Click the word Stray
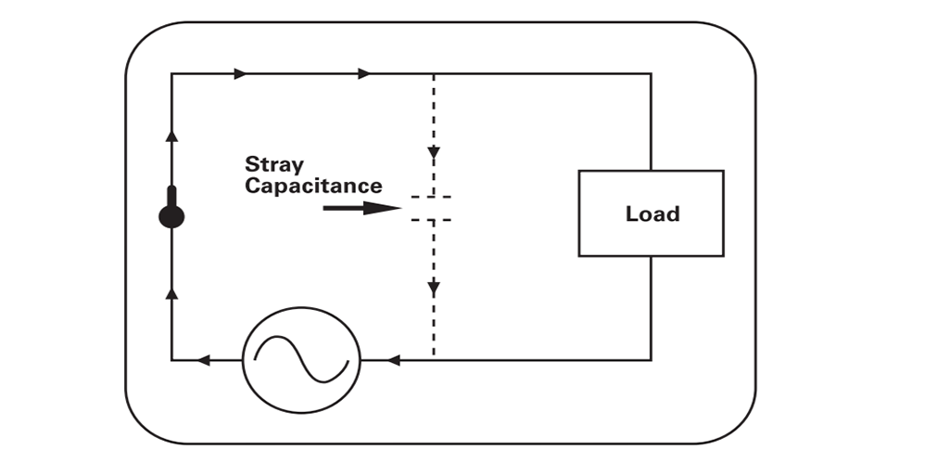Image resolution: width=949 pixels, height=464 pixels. tap(273, 164)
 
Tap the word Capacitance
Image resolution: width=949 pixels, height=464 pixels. tap(313, 186)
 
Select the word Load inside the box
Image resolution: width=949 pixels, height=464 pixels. tap(652, 213)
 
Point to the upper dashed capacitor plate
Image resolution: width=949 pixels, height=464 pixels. tap(433, 198)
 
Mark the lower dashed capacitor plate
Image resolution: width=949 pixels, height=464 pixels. tap(433, 220)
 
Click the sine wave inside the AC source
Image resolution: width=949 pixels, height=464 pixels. tap(301, 358)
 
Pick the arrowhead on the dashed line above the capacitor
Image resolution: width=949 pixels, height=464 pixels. tap(433, 153)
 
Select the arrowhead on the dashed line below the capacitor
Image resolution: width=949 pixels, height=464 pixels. tap(433, 289)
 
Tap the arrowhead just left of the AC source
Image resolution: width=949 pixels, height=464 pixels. tap(205, 359)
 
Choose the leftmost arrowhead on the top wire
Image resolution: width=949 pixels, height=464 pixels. tap(241, 73)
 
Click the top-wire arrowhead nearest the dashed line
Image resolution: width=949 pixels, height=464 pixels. tap(364, 73)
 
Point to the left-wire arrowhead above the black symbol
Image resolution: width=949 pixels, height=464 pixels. tap(171, 135)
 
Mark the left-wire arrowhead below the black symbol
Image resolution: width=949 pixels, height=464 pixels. tap(171, 292)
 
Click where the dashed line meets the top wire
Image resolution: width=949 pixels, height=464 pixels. tap(433, 73)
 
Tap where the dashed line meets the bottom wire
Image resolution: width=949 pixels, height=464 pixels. tap(433, 359)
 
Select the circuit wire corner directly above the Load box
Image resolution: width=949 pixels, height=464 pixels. tap(651, 73)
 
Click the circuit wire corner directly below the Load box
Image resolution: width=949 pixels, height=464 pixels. tap(651, 359)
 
